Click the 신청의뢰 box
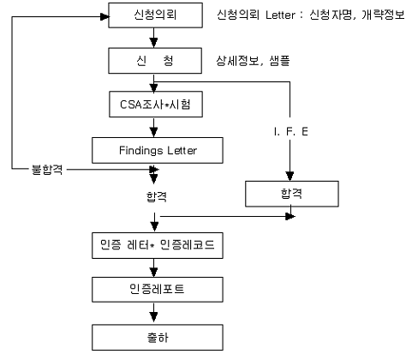[x=155, y=15]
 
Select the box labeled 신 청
[x=155, y=61]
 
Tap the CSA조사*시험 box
[x=156, y=105]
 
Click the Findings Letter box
[x=158, y=150]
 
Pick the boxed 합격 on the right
[x=292, y=194]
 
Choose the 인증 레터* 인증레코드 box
[x=158, y=245]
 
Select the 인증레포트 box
[x=158, y=290]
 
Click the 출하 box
[x=158, y=338]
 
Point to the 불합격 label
[x=47, y=170]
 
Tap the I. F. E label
[x=290, y=131]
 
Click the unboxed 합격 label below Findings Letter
[x=157, y=196]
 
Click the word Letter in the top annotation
[x=280, y=15]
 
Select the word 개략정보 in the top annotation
[x=383, y=15]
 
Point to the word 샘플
[x=279, y=61]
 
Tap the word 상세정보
[x=237, y=61]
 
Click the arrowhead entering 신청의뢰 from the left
[x=104, y=16]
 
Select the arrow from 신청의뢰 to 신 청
[x=154, y=38]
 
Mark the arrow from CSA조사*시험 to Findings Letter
[x=154, y=128]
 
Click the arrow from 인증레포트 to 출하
[x=154, y=314]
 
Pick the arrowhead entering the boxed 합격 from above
[x=290, y=177]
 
